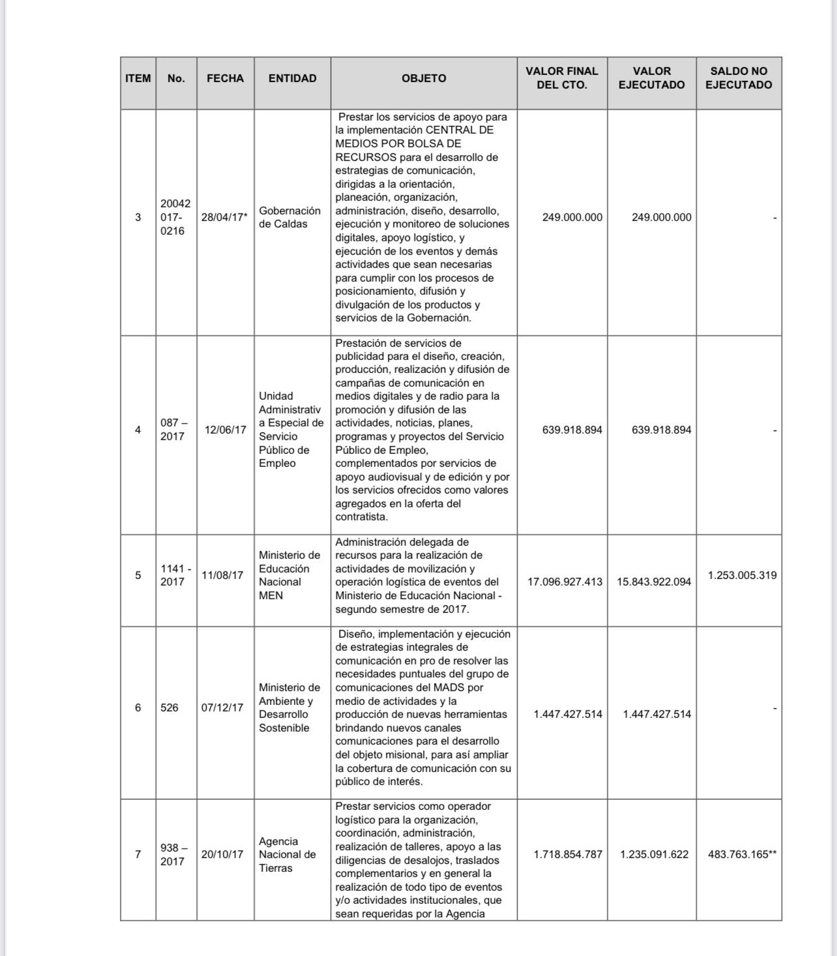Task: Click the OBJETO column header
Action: coord(424,78)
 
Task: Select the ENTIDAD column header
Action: coord(292,78)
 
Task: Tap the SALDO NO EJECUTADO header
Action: coord(739,78)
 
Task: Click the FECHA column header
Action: coord(225,78)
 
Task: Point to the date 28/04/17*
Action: coord(224,217)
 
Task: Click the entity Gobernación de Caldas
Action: coord(289,217)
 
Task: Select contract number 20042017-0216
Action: coord(175,217)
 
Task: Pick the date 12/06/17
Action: coord(225,430)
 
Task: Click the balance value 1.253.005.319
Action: coord(742,575)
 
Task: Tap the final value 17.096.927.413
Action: coord(565,582)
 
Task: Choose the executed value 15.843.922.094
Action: coord(654,582)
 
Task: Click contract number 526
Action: coord(169,708)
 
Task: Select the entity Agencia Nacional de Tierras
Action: coord(287,854)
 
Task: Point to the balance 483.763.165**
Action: coord(742,854)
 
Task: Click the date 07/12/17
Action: coord(222,708)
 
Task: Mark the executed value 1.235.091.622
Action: coord(654,854)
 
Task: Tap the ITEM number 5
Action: coord(138,575)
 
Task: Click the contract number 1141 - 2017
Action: coord(175,575)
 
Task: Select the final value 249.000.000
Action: coord(572,217)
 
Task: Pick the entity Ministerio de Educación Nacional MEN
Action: coord(289,575)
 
